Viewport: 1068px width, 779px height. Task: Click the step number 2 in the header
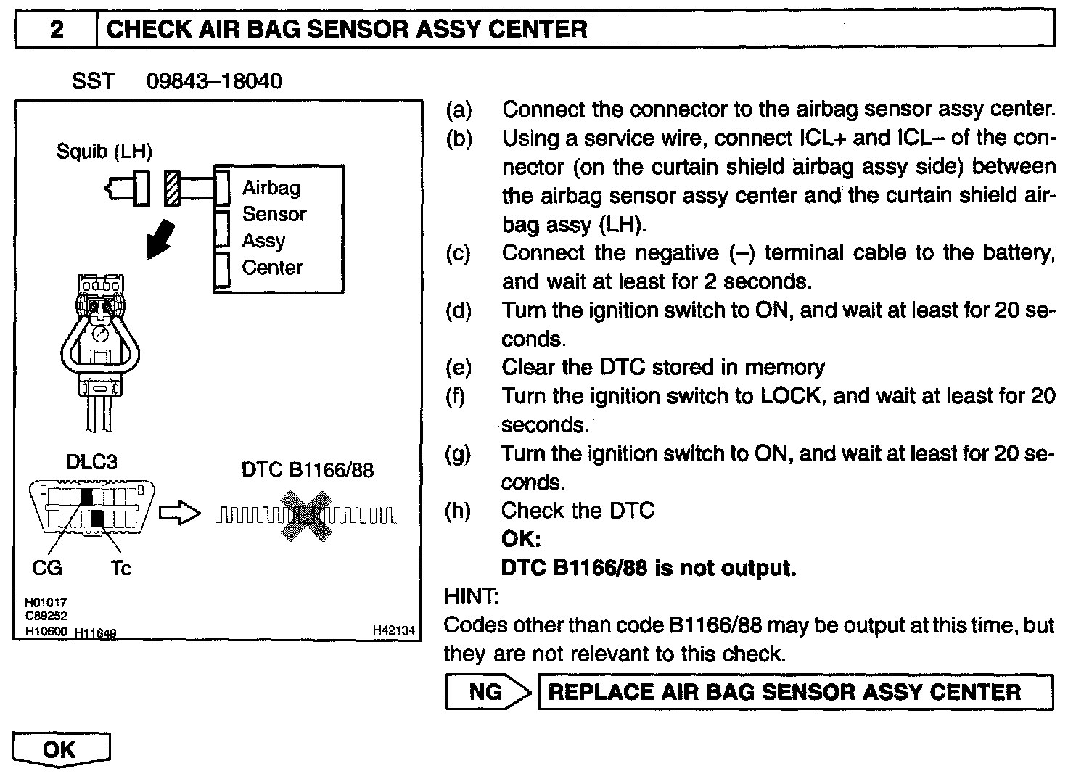(56, 30)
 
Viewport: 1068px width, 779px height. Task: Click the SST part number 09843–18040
(214, 81)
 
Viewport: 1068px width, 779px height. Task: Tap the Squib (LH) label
(104, 152)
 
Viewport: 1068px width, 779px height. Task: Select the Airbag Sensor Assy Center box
(279, 228)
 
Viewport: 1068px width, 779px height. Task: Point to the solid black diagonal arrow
(161, 238)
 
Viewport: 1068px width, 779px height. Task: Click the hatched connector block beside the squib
(171, 188)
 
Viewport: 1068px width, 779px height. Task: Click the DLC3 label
(91, 461)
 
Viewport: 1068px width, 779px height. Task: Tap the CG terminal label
(47, 568)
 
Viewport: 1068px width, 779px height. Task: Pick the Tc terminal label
(120, 568)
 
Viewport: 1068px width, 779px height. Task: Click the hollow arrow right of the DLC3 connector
(178, 514)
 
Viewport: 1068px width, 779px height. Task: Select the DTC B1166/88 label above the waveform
(307, 470)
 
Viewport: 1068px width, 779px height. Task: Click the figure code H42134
(394, 631)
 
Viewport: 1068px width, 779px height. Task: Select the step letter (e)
(458, 368)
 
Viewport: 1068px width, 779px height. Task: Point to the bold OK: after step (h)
(521, 539)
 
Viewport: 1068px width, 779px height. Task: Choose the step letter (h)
(458, 511)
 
